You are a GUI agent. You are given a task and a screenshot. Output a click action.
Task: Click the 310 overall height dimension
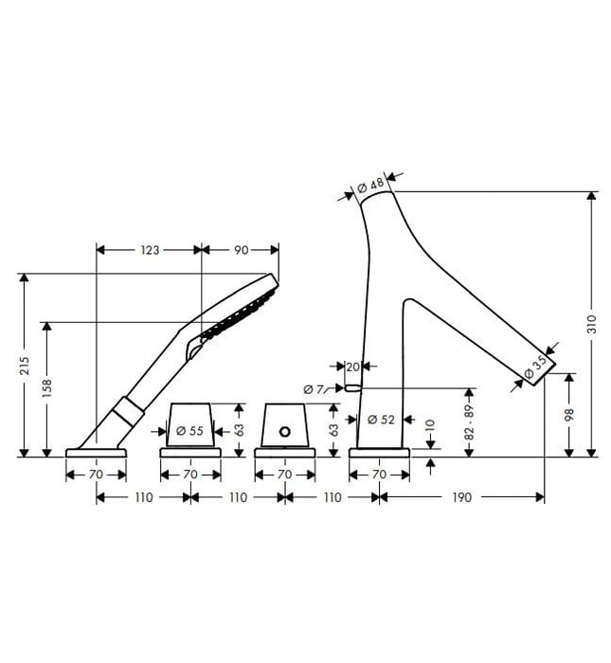(592, 324)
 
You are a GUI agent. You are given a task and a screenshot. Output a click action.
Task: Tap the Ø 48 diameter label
(370, 185)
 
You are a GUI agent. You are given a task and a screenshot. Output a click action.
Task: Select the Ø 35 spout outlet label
(535, 367)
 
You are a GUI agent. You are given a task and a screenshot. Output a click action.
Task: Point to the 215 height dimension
(25, 366)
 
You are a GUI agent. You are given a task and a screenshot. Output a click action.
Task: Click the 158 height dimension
(46, 387)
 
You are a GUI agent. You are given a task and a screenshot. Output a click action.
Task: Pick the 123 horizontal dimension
(150, 250)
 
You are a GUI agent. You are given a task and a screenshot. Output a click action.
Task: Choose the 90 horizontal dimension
(241, 250)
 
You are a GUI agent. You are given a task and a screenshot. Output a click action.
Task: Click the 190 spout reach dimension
(461, 497)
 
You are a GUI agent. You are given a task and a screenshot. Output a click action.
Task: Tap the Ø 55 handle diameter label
(189, 431)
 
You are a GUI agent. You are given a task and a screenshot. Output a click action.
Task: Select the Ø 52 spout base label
(381, 420)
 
